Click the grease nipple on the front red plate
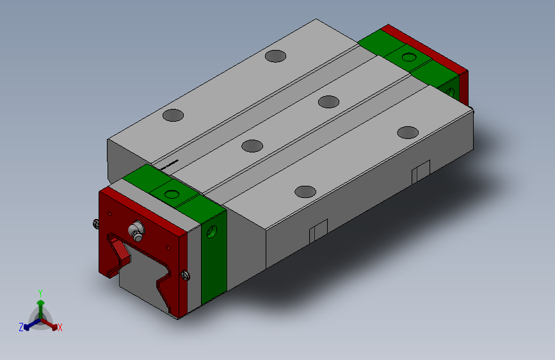(x=136, y=231)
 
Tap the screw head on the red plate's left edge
(x=95, y=224)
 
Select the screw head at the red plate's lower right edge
(x=186, y=275)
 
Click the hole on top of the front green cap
(x=173, y=193)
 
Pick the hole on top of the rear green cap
(x=408, y=58)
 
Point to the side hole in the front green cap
(x=213, y=233)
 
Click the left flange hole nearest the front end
(x=173, y=115)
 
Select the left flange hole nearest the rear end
(x=276, y=56)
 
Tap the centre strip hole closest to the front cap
(x=252, y=145)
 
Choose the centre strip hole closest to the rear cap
(x=328, y=101)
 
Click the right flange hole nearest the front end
(x=305, y=191)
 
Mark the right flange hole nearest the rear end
(x=407, y=132)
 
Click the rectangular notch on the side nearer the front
(x=318, y=231)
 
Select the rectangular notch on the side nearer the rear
(x=420, y=172)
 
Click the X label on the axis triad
(x=60, y=327)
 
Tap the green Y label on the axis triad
(x=40, y=292)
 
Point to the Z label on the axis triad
(x=21, y=327)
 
